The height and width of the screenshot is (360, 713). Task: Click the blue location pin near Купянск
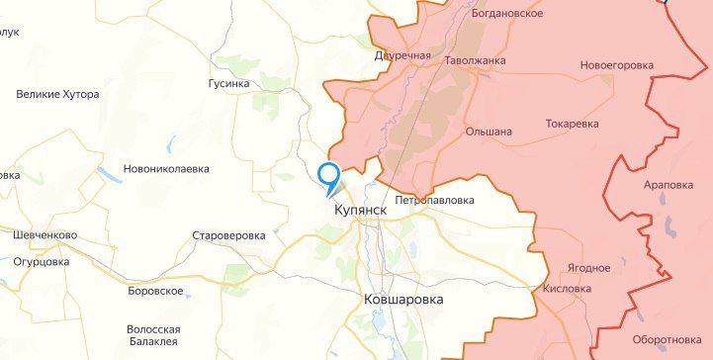click(x=327, y=174)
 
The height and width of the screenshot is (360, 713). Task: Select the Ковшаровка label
click(x=403, y=299)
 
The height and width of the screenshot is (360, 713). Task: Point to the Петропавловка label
click(x=435, y=200)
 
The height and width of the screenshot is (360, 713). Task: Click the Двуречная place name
click(x=402, y=55)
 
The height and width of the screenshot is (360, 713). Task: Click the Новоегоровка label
click(x=617, y=65)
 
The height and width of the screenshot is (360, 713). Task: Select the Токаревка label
click(x=573, y=124)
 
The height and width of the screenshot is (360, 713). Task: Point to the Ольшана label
click(x=489, y=131)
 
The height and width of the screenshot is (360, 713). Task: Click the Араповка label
click(x=668, y=185)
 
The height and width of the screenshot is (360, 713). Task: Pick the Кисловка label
click(x=568, y=290)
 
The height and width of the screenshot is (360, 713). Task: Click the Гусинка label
click(x=228, y=84)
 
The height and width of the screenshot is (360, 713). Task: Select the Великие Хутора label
click(x=57, y=94)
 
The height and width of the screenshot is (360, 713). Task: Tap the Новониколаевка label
click(x=166, y=169)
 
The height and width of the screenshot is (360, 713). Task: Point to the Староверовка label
click(x=228, y=236)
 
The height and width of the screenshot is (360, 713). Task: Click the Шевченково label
click(x=46, y=235)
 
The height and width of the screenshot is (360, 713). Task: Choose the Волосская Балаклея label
click(x=153, y=336)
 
